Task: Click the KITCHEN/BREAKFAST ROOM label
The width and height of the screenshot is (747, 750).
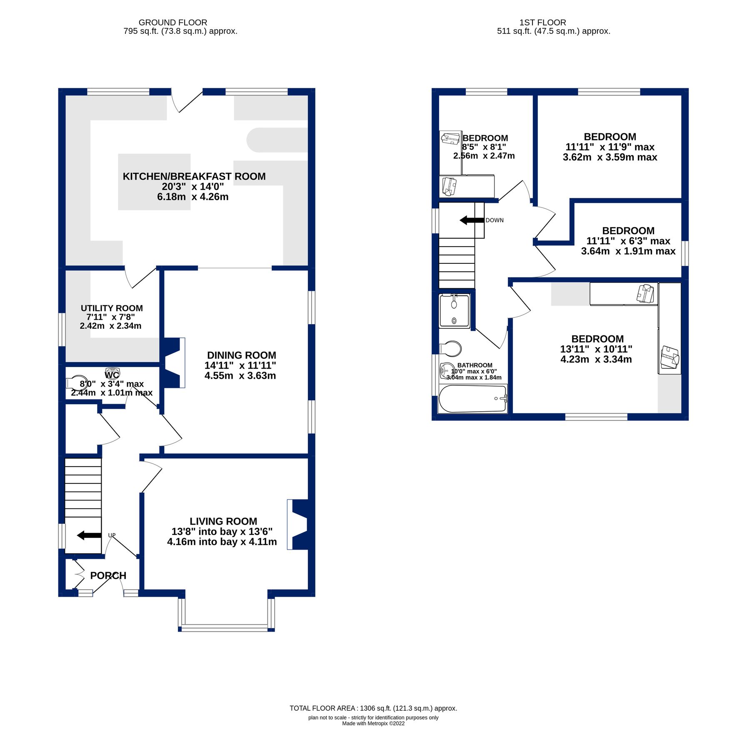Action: coord(194,176)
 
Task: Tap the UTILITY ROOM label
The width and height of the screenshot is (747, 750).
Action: coord(112,308)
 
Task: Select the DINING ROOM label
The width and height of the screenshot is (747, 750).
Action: coord(241,355)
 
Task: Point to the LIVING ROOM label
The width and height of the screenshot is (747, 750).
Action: coord(223,521)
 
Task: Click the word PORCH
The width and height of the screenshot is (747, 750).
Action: coord(108,575)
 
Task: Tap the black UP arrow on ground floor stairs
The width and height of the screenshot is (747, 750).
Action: coord(89,535)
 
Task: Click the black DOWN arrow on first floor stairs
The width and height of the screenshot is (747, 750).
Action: coord(472,220)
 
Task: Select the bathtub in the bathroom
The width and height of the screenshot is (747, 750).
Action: coord(472,399)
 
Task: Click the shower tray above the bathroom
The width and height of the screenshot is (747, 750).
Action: coord(454,311)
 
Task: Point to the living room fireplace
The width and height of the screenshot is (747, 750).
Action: coord(298,524)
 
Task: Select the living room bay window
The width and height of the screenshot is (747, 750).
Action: coord(226,627)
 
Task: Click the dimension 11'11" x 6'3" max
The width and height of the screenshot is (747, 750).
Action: coord(628,241)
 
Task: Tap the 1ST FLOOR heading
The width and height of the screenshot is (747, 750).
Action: coord(542,22)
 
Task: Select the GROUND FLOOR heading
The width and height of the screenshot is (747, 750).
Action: coord(172,22)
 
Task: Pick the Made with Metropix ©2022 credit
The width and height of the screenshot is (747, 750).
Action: coord(373,723)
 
